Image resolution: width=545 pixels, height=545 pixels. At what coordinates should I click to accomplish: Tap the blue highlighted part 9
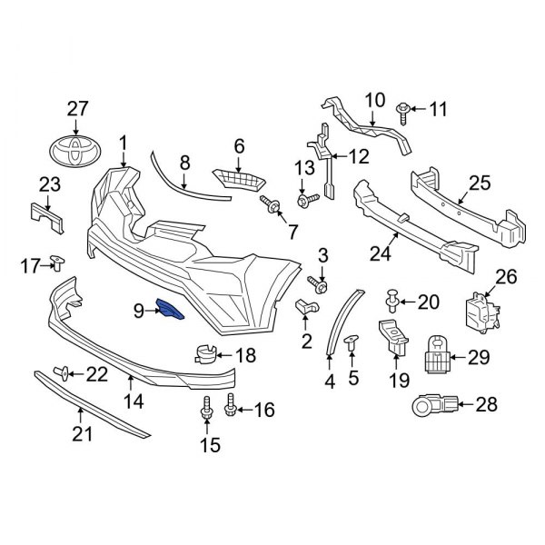[x=170, y=311]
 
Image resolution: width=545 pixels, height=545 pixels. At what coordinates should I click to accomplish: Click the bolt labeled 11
[x=404, y=111]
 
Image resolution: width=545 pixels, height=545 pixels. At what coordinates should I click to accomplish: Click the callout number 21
[x=83, y=436]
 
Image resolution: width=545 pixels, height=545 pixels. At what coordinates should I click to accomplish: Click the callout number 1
[x=124, y=142]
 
